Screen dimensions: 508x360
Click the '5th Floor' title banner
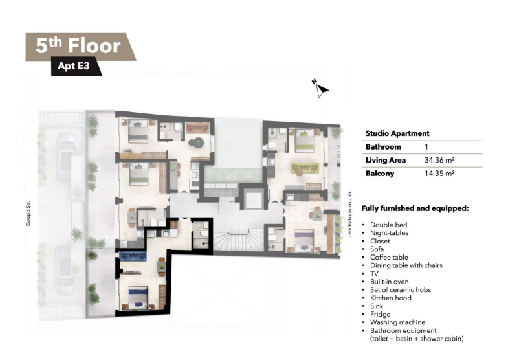coord(80,47)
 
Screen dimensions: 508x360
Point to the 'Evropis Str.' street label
coord(28,213)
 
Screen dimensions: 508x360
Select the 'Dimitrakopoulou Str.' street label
coord(349,214)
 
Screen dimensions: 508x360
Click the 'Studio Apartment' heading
coord(397,133)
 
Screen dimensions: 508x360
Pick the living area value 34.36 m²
coord(439,160)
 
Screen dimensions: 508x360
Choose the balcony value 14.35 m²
coord(439,174)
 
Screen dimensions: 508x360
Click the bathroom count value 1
coord(426,147)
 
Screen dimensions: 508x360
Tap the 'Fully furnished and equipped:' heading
coord(415,208)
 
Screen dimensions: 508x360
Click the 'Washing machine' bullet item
coord(397,322)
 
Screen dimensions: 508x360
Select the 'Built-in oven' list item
coord(389,282)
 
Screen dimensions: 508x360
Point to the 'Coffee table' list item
coord(389,257)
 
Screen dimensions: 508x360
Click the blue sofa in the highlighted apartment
coord(133,256)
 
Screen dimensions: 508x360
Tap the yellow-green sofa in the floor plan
coord(305,168)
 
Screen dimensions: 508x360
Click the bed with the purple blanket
coord(304,240)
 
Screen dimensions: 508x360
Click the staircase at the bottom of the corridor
coord(238,240)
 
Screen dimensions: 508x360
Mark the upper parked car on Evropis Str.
coord(66,157)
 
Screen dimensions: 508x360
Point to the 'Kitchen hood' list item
coord(390,298)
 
